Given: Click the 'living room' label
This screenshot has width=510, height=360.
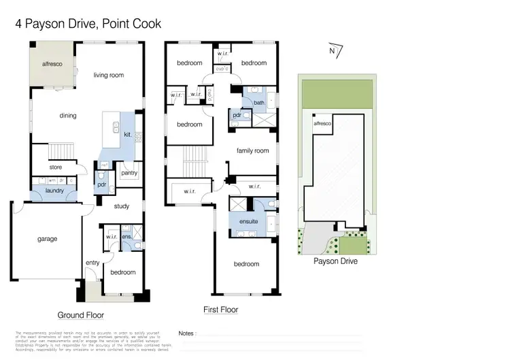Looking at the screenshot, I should [109, 75].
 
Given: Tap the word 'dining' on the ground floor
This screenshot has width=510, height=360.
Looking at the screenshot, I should [68, 116].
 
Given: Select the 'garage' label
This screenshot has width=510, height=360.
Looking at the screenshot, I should [47, 239].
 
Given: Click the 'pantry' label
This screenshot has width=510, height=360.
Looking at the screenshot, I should [129, 173].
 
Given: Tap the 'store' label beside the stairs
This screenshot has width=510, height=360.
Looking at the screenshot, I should [56, 167].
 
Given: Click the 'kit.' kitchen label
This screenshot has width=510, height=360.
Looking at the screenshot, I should [127, 135].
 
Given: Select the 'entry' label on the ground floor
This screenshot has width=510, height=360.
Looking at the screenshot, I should [92, 263].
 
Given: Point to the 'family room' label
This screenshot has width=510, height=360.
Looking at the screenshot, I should [252, 150].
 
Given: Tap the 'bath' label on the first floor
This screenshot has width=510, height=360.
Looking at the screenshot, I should [258, 103].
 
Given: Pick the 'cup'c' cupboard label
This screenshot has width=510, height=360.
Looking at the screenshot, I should [221, 69].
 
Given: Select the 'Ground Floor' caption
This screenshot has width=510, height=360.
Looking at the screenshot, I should [80, 315].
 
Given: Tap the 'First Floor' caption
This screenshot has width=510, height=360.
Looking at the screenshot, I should [221, 310].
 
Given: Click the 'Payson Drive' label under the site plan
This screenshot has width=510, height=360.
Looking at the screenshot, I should [335, 261].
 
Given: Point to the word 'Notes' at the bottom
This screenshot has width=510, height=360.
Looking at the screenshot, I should [186, 333].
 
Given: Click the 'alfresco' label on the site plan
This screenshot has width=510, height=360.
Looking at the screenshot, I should [322, 125].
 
